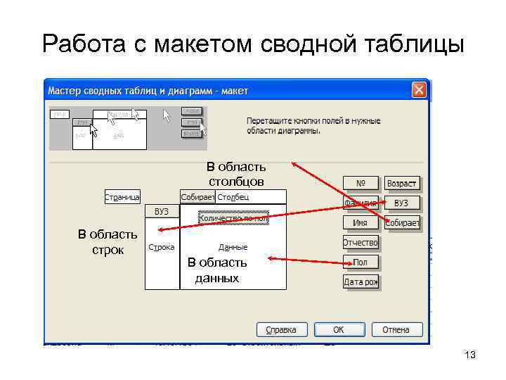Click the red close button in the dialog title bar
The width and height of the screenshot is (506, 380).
[x=419, y=91]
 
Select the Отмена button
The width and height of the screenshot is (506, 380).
[x=396, y=329]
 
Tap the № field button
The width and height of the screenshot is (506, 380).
[x=361, y=183]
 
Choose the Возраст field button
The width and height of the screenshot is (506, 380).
[x=402, y=183]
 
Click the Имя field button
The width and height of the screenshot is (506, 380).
[x=361, y=222]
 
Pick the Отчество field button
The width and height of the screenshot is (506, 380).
[x=361, y=243]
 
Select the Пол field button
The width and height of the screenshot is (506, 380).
[x=361, y=262]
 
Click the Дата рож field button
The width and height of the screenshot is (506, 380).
[x=361, y=281]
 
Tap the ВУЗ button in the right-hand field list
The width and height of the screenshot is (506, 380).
[x=402, y=203]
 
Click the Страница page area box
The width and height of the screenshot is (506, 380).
[x=122, y=197]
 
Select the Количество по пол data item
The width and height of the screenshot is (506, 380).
[x=233, y=218]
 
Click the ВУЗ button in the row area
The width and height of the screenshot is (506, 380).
[x=162, y=211]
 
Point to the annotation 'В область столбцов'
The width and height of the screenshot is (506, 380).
[x=235, y=174]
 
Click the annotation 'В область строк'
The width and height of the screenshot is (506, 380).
[x=108, y=241]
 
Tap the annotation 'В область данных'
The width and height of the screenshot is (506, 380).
[x=217, y=270]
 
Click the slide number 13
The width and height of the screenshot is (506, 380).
[x=470, y=355]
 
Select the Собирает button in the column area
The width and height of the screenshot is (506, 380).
[x=197, y=197]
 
